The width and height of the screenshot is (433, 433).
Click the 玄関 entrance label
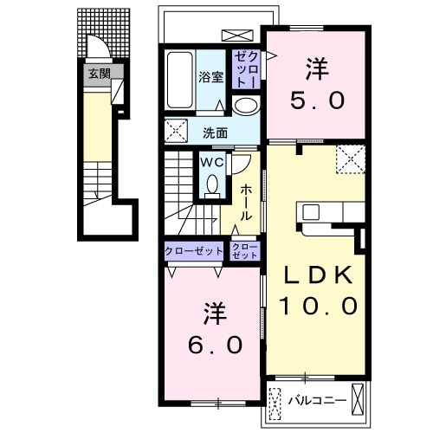pos(100,74)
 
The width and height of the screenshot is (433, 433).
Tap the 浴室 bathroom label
pos(210,77)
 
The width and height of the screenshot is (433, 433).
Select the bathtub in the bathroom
pos(179,81)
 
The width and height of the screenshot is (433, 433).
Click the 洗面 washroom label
pos(215,133)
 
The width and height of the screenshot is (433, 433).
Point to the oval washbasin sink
pos(246,106)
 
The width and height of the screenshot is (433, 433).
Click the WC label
pos(212,163)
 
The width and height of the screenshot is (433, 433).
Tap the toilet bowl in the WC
pos(212,184)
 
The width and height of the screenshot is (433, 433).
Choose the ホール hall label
pos(246,203)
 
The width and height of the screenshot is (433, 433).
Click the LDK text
pos(319,275)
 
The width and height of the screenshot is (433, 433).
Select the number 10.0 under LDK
pos(319,306)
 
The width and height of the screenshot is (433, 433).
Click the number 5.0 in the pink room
pos(318,100)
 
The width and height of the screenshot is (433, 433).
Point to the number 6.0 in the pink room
pos(215,345)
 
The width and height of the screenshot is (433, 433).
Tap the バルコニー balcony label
pos(318,400)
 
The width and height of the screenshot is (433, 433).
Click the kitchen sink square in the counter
pos(311,212)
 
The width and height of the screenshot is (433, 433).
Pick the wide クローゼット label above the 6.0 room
pos(194,251)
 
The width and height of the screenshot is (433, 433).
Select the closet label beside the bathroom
pos(246,69)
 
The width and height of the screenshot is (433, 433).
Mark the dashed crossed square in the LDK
pos(351,159)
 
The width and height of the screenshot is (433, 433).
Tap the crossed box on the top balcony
pos(237,36)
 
